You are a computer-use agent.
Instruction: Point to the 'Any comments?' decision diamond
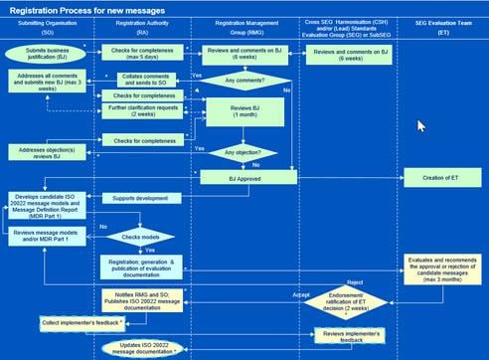pos(244,82)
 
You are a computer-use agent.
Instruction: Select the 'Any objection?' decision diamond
pos(244,152)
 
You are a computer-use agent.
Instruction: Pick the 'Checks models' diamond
pos(146,238)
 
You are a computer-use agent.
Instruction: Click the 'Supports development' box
pos(146,200)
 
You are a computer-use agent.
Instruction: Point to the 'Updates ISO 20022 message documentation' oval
pos(146,347)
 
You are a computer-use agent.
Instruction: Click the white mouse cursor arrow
pos(421,126)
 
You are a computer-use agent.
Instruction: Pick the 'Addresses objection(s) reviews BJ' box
pos(49,151)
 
